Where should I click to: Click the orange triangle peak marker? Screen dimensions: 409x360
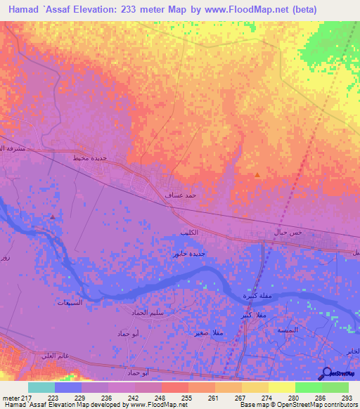(x=257, y=174)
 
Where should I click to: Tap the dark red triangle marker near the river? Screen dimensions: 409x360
(x=53, y=216)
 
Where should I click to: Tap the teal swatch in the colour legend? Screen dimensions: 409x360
(x=41, y=387)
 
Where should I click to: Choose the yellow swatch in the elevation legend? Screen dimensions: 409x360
(x=282, y=387)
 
